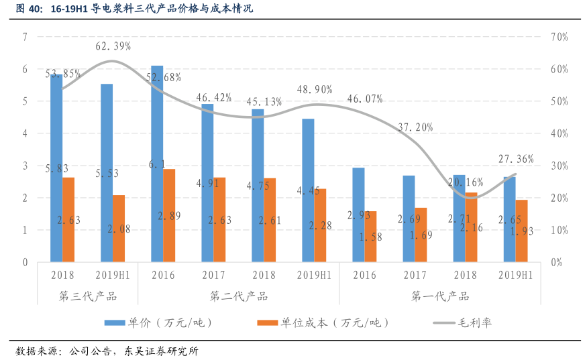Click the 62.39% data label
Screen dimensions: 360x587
(x=113, y=46)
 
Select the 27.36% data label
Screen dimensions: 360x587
(x=516, y=159)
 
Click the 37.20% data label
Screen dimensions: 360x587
(x=415, y=127)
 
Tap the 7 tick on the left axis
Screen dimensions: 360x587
(x=25, y=37)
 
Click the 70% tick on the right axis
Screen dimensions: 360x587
(x=559, y=37)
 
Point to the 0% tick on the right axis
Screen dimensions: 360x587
(x=556, y=262)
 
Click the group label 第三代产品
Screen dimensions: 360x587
(x=88, y=296)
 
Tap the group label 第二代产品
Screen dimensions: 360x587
(x=239, y=296)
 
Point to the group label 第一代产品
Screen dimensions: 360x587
(x=440, y=296)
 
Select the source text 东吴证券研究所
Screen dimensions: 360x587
(x=161, y=351)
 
